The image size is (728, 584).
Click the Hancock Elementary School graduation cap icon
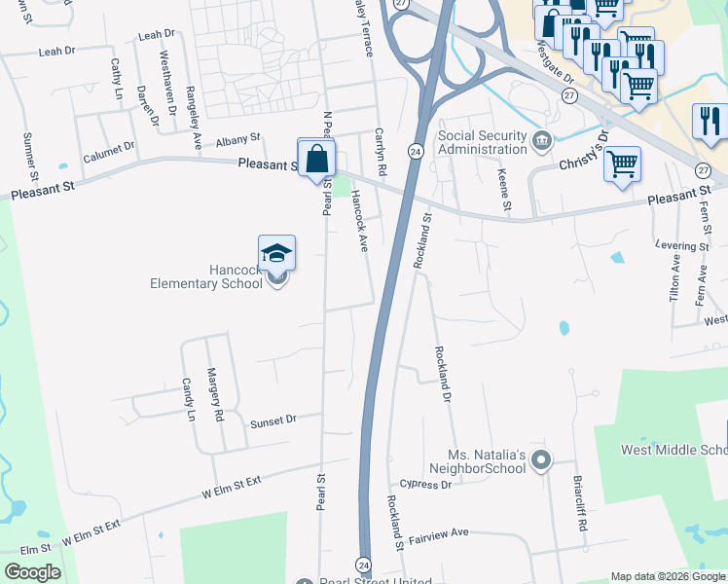point(277,253)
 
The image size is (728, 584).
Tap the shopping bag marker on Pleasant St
point(316,158)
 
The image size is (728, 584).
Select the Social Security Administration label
point(483,142)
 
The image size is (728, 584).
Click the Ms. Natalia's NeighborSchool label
point(487,461)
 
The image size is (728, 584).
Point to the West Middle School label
point(674,450)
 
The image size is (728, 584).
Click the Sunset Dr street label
point(273,421)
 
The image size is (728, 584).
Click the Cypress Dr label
point(426,484)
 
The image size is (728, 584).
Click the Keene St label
point(504,187)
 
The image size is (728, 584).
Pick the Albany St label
point(238,139)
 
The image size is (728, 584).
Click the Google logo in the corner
point(32,572)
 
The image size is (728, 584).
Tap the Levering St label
point(682,246)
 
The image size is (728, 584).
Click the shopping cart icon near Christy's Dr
point(622,163)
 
